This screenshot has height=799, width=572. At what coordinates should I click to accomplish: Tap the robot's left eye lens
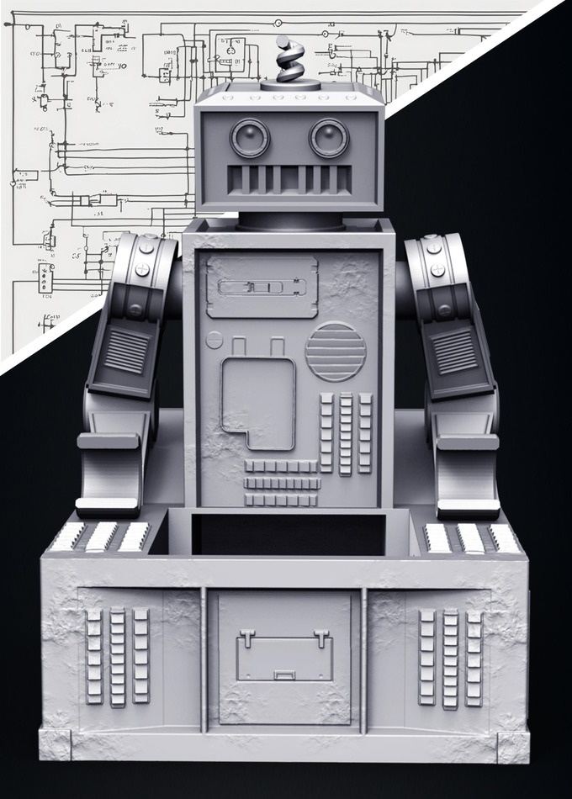pos(250,138)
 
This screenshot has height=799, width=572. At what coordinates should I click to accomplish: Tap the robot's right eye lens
pos(329,138)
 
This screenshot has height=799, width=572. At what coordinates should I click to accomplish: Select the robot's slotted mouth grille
pos(289,178)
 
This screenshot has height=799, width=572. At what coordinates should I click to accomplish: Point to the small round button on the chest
pos(214,340)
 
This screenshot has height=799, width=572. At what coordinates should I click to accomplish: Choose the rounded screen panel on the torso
pos(258,402)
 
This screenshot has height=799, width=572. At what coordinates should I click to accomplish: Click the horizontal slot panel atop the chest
pos(261,287)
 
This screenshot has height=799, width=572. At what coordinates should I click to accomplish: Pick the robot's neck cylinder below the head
pos(289,221)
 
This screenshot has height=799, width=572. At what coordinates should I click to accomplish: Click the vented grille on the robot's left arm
pos(127,350)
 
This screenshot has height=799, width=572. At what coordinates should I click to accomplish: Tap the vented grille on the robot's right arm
pos(454,350)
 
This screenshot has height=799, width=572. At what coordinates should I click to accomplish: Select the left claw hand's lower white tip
pos(107,505)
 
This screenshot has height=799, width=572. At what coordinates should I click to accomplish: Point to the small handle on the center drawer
pos(283,674)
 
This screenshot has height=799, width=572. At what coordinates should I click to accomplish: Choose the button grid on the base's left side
pos(117,656)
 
